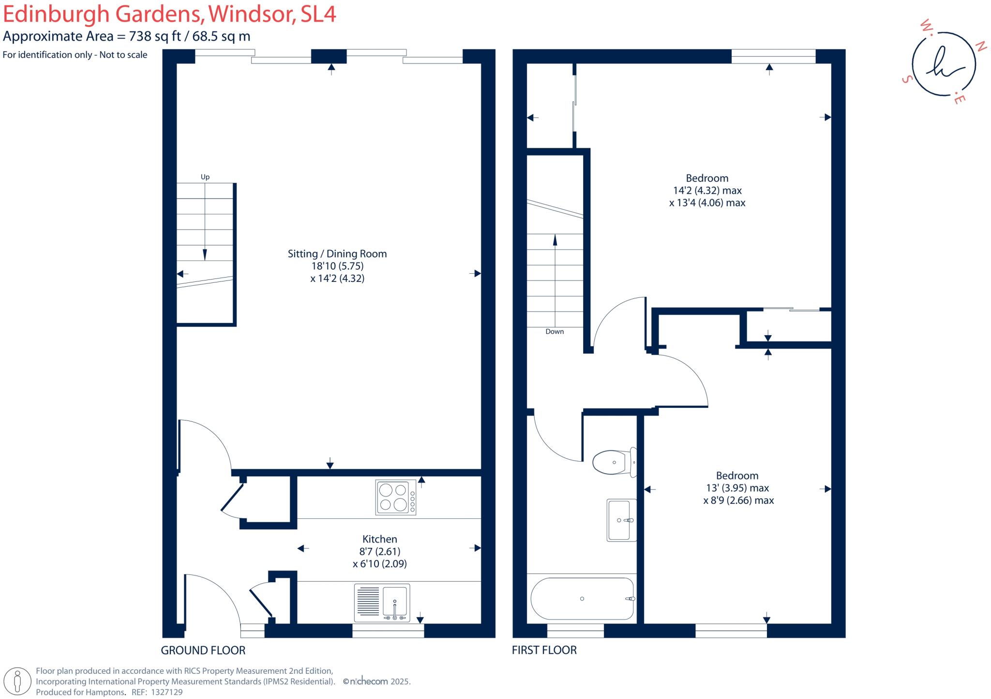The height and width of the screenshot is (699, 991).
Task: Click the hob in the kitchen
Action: pos(395,497)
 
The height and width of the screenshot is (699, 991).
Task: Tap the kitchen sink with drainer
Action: pos(382,603)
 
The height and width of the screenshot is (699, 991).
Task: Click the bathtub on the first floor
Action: pos(582,599)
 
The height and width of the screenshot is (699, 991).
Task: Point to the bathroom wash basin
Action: pos(621,520)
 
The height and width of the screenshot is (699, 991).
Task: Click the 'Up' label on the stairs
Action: pos(205,177)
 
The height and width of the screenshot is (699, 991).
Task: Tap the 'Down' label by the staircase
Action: pos(555,332)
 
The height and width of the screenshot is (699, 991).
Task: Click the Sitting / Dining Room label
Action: pos(337,254)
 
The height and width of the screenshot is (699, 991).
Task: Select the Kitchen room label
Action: pos(380,539)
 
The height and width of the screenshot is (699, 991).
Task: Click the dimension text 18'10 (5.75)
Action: pos(337,266)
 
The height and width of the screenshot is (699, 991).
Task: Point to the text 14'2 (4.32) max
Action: pos(707,190)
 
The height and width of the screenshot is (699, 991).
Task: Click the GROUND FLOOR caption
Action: pos(203,651)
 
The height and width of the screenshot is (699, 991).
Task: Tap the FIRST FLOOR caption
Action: pos(544,650)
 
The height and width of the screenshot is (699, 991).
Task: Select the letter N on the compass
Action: pos(980,47)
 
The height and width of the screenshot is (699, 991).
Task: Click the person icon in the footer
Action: pos(18,681)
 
